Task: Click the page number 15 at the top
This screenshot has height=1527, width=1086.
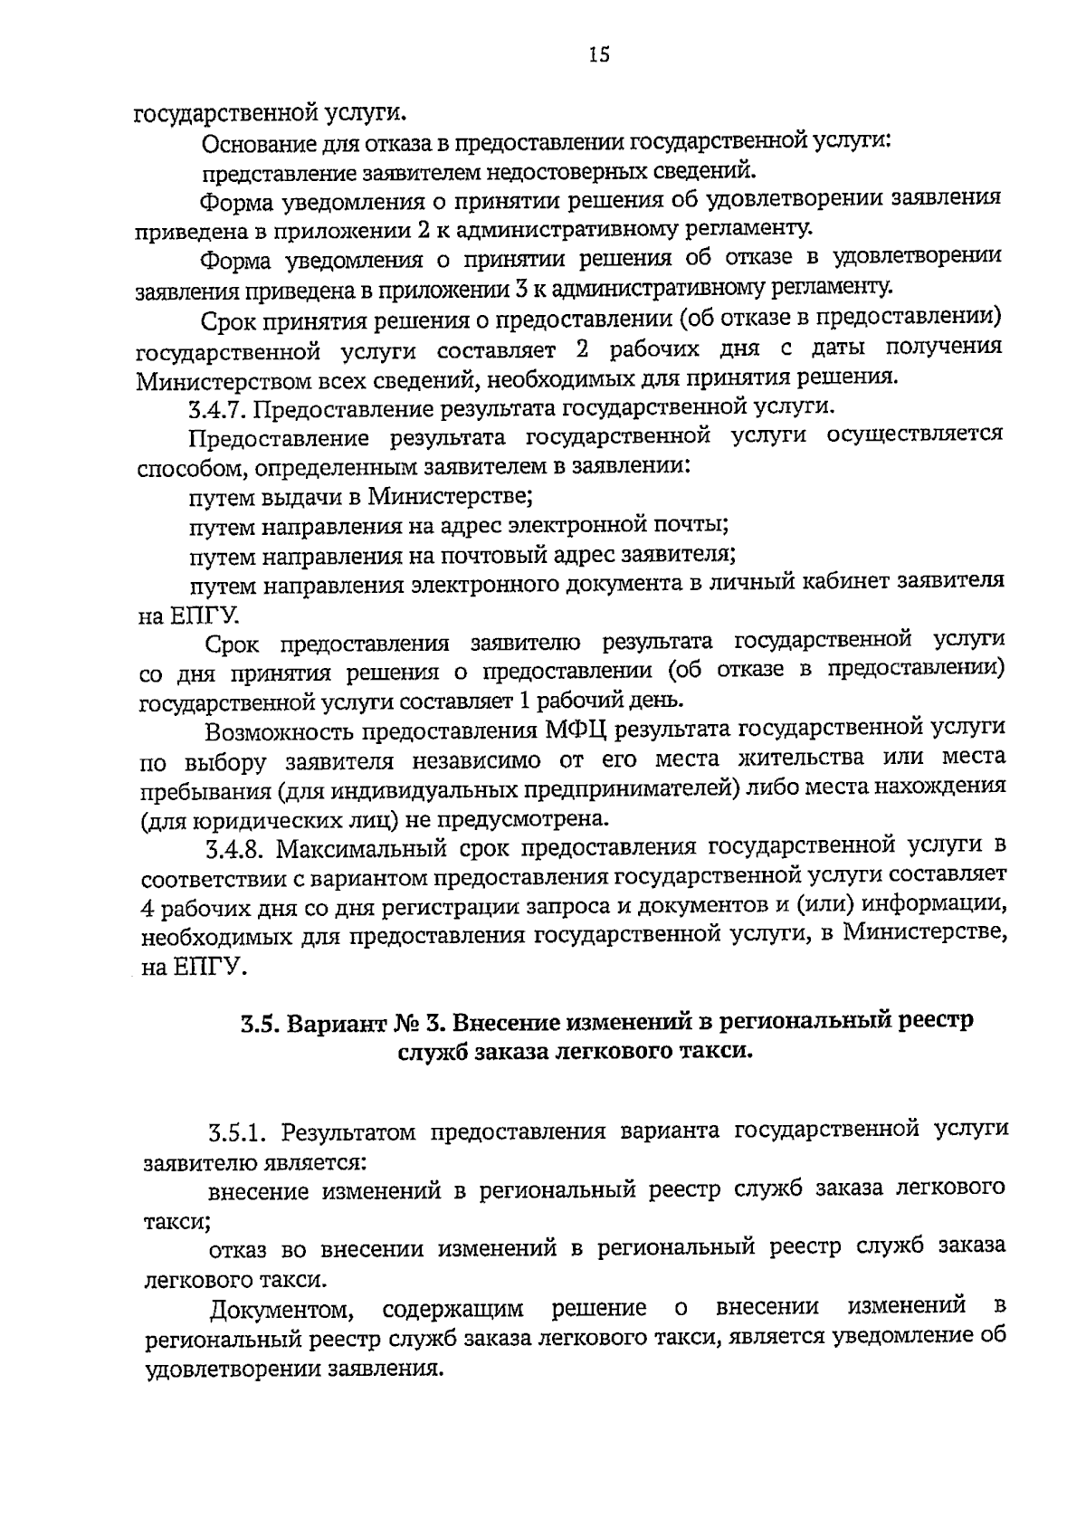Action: point(599,56)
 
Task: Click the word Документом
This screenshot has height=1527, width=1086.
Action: point(278,1310)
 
